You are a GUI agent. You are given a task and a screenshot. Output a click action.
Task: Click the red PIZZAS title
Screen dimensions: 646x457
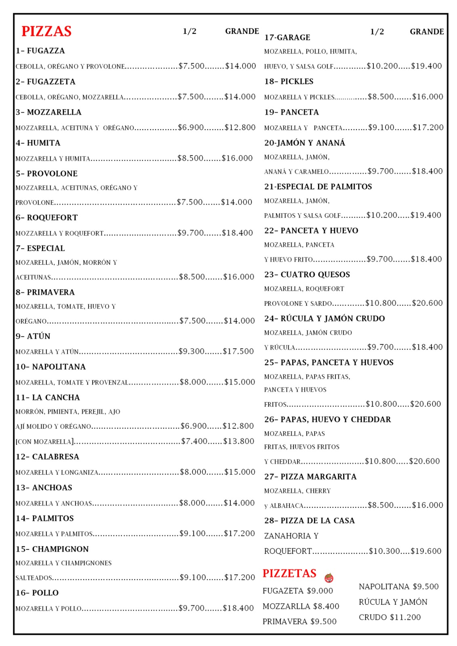(46, 31)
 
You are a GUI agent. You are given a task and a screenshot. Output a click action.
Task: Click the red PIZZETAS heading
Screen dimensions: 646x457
(289, 573)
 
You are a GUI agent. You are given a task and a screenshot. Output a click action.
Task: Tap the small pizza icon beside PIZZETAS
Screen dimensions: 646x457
(329, 578)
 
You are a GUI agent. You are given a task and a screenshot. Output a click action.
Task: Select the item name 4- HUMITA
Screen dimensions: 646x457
(38, 143)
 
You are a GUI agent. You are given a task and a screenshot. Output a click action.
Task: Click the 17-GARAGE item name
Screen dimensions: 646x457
(287, 38)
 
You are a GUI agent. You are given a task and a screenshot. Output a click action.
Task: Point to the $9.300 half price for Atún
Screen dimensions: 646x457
(192, 351)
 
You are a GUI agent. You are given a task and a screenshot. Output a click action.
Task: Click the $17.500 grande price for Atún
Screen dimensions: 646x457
(238, 351)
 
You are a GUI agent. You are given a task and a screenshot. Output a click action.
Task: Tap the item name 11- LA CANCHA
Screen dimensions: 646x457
(48, 397)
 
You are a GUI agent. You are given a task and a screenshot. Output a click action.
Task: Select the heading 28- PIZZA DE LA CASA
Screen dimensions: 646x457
(310, 521)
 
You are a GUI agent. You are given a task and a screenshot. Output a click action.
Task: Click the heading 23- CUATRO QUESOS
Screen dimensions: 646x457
(307, 275)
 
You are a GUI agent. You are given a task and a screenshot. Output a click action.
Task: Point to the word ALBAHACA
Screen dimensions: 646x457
(286, 506)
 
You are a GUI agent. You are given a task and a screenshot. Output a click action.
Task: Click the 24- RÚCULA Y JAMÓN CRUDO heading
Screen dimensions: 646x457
(324, 319)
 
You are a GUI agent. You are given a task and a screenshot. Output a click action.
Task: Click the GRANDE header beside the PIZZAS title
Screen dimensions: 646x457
(242, 31)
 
